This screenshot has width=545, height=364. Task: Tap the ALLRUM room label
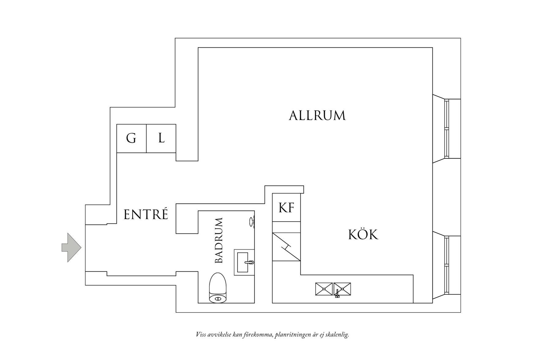(x=317, y=116)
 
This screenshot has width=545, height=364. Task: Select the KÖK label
(x=363, y=235)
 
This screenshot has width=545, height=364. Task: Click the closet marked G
(x=131, y=139)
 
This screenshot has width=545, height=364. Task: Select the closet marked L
(x=161, y=139)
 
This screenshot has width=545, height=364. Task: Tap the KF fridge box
(x=286, y=208)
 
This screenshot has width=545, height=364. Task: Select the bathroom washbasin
(x=244, y=262)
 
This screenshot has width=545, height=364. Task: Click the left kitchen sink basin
(x=324, y=289)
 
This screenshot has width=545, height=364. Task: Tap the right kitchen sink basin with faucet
(x=342, y=289)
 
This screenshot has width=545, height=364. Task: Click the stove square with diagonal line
(x=286, y=247)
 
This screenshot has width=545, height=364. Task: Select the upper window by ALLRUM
(x=447, y=128)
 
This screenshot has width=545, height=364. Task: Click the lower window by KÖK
(x=447, y=265)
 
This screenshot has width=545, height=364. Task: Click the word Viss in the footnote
(x=201, y=335)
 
